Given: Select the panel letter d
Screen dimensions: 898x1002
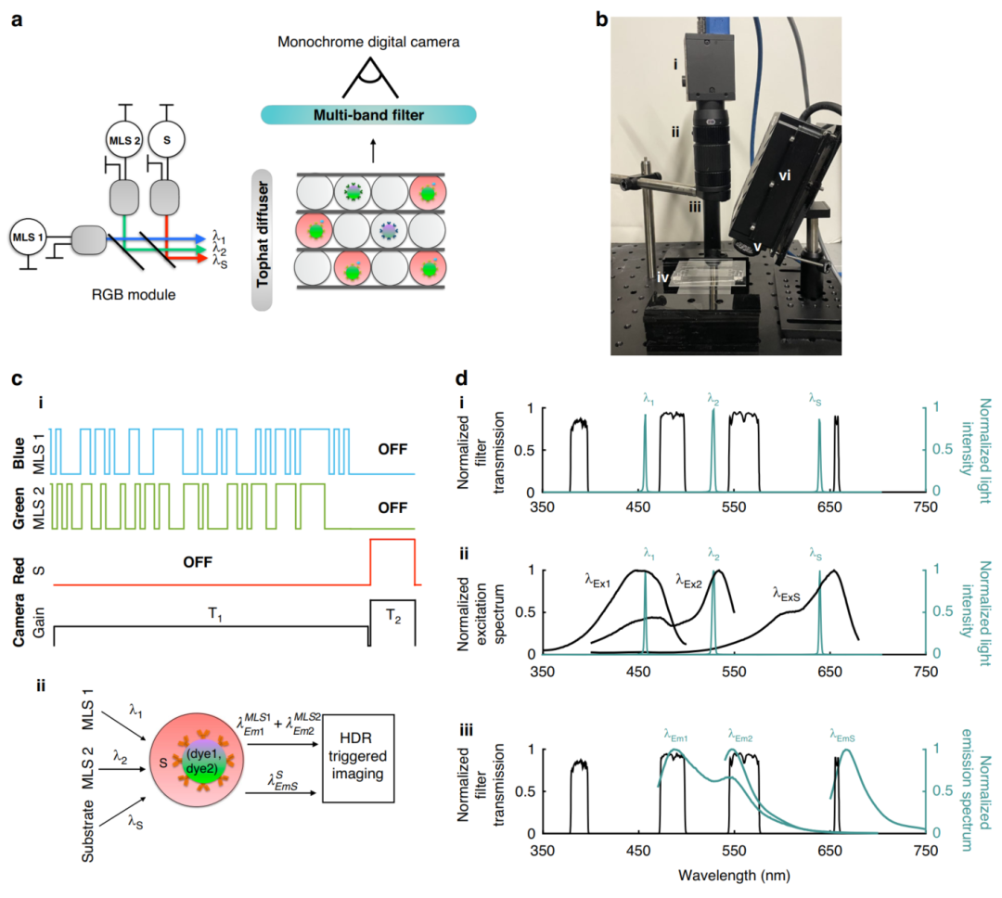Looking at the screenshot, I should pos(482,379).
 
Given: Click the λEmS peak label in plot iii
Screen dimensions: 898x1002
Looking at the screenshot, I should pos(842,734).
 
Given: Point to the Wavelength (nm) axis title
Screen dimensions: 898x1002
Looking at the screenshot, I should pos(732,873).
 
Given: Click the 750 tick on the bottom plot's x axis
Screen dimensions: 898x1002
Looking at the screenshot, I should pos(924,850).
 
